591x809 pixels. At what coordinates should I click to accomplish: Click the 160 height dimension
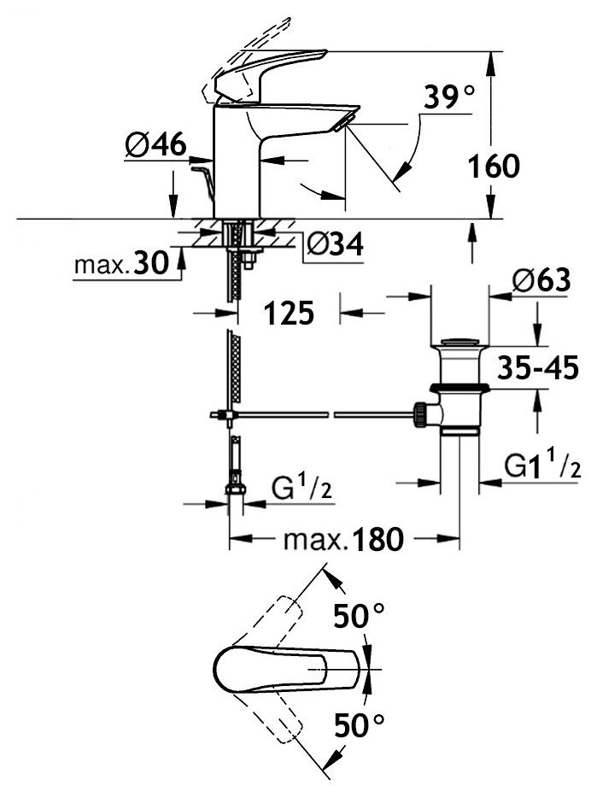pos(494,166)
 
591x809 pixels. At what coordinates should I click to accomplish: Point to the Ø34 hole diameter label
pos(334,245)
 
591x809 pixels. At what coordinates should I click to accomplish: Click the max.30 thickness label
pos(119,266)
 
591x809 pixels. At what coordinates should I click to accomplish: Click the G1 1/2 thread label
pos(542,467)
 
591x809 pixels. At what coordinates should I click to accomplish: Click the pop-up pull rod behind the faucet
pos(203,179)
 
